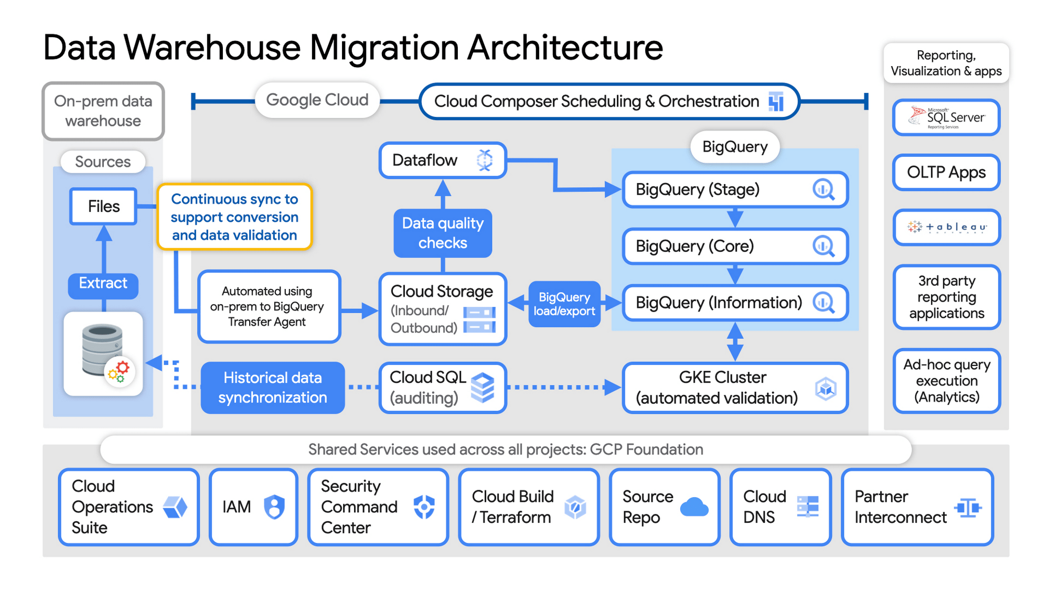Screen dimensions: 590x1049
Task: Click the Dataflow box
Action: pos(442,160)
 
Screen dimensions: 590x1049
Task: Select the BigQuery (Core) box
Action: pos(734,246)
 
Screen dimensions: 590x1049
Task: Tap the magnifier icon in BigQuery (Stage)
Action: pos(823,189)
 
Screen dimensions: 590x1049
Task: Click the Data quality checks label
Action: pos(443,233)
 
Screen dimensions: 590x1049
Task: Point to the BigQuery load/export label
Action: pos(564,304)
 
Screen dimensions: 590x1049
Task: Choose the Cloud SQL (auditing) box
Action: pos(442,388)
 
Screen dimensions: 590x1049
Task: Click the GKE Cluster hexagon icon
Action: pos(826,389)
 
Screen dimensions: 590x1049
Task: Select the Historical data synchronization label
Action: pos(272,388)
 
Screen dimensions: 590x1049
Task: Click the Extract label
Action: pos(103,283)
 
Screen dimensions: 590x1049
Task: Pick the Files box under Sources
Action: pos(103,206)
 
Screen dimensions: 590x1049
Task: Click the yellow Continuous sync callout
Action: pos(234,217)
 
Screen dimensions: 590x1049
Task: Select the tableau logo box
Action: pos(946,227)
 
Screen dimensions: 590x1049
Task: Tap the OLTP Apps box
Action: pos(946,172)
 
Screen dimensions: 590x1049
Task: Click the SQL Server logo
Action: pos(946,117)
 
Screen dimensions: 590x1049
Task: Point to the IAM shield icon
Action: pos(274,507)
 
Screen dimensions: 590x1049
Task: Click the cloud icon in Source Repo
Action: pos(694,507)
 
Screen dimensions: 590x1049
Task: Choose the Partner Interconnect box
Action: pos(917,507)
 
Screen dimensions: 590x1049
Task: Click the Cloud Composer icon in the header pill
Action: pos(776,101)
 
